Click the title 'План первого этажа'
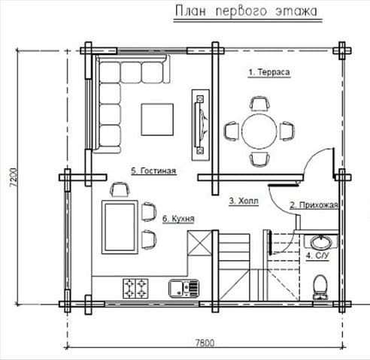pyautogui.click(x=246, y=11)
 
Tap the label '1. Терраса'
pyautogui.click(x=269, y=72)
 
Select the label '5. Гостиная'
pyautogui.click(x=153, y=171)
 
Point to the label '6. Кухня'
pyautogui.click(x=178, y=219)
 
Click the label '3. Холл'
pyautogui.click(x=244, y=201)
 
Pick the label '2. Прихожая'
pyautogui.click(x=314, y=205)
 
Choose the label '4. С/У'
pyautogui.click(x=317, y=256)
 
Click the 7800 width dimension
pyautogui.click(x=205, y=343)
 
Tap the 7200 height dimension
pyautogui.click(x=14, y=177)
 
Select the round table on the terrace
pyautogui.click(x=259, y=132)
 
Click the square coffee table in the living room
pyautogui.click(x=157, y=119)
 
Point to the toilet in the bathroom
pyautogui.click(x=320, y=287)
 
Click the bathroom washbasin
pyautogui.click(x=321, y=243)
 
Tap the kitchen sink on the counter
pyautogui.click(x=184, y=289)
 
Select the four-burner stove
pyautogui.click(x=135, y=289)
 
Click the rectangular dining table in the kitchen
pyautogui.click(x=120, y=227)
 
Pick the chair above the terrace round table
pyautogui.click(x=260, y=104)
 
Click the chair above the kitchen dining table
pyautogui.click(x=120, y=189)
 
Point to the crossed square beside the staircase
pyautogui.click(x=199, y=243)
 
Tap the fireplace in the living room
pyautogui.click(x=201, y=125)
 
